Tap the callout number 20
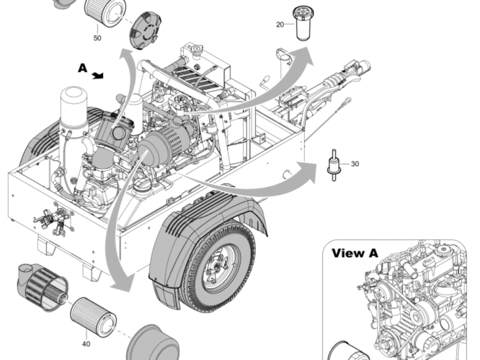pos(280,25)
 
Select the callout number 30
pos(355,164)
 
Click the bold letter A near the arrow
pos(82,68)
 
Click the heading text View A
pos(355,253)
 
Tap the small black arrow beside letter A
pos(98,74)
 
